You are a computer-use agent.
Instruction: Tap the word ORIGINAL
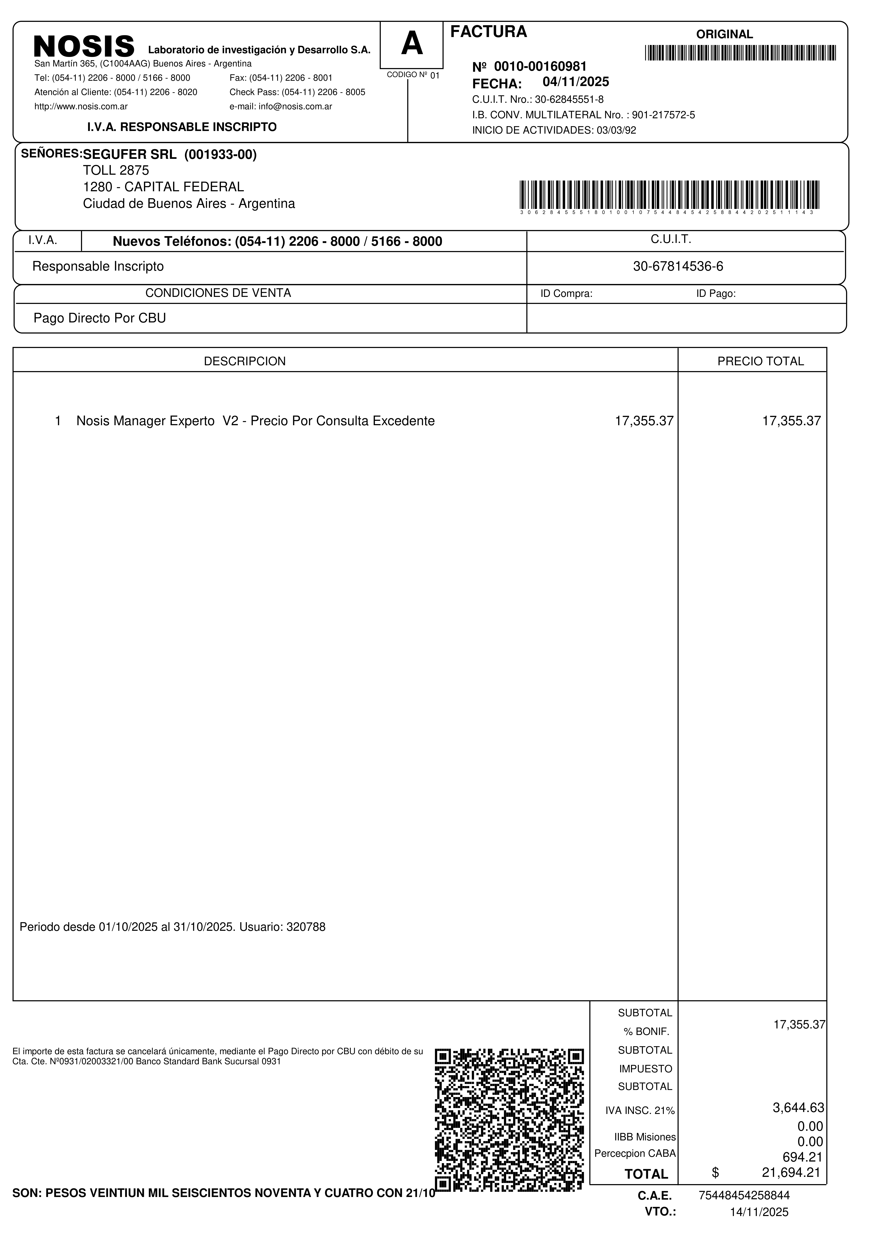click(724, 35)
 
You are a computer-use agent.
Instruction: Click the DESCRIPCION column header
click(245, 361)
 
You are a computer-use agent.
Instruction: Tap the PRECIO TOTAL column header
click(760, 361)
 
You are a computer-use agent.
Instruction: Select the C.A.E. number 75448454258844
click(744, 1196)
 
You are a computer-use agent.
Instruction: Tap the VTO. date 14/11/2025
click(759, 1212)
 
